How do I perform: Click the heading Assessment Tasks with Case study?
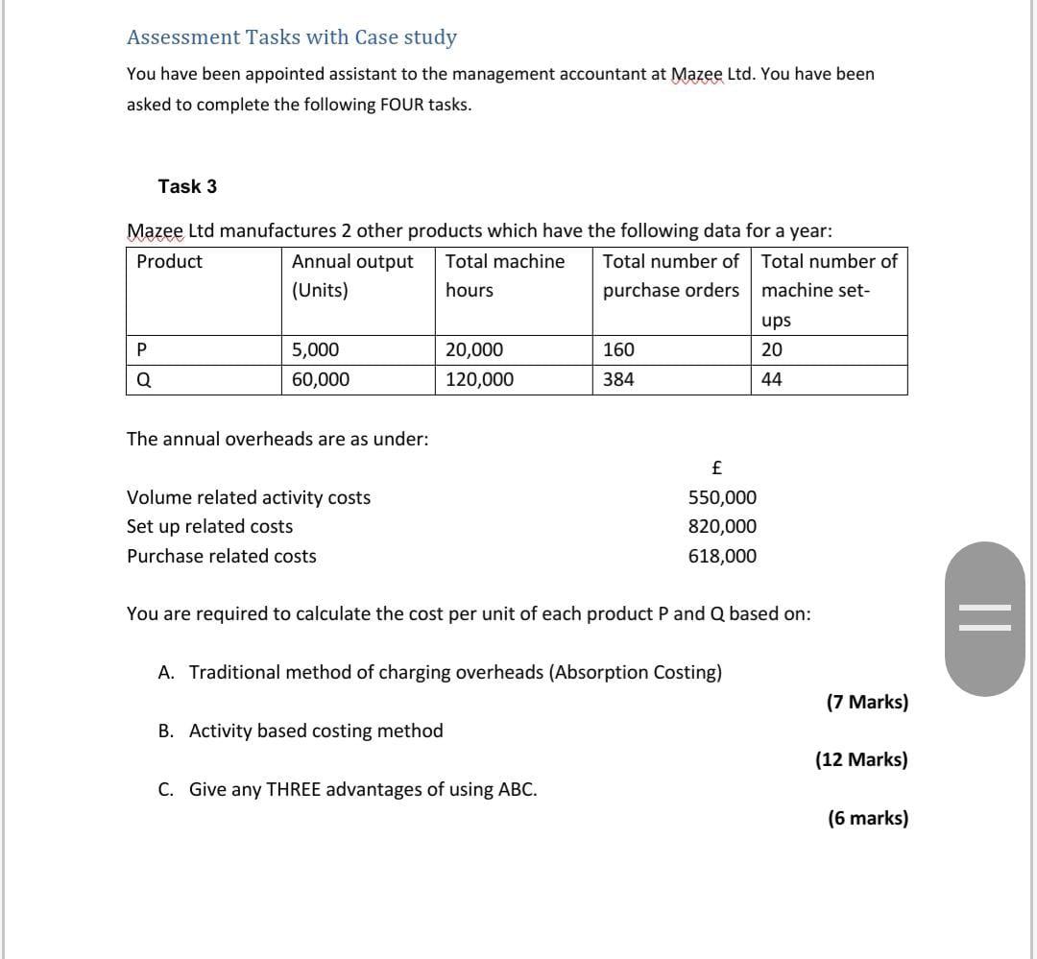[x=292, y=37]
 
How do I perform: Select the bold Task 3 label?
[x=187, y=186]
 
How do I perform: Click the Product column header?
[x=170, y=261]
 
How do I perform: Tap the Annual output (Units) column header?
[x=352, y=276]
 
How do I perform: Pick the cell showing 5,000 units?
[x=315, y=350]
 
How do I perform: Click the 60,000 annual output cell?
[x=321, y=379]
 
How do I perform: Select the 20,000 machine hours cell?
[x=473, y=350]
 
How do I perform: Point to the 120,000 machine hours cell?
[x=479, y=379]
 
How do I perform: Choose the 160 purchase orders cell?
[x=618, y=350]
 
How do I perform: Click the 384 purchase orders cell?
[x=618, y=379]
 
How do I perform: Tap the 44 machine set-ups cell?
[x=771, y=379]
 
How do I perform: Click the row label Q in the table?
[x=143, y=379]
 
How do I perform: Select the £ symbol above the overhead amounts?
[x=716, y=468]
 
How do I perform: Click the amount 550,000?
[x=722, y=497]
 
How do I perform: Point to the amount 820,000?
[x=722, y=526]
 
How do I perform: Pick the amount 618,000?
[x=722, y=556]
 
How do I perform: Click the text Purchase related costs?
[x=222, y=556]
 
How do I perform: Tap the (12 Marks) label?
[x=861, y=759]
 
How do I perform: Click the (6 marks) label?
[x=867, y=818]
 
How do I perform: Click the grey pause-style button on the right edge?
[x=984, y=617]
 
